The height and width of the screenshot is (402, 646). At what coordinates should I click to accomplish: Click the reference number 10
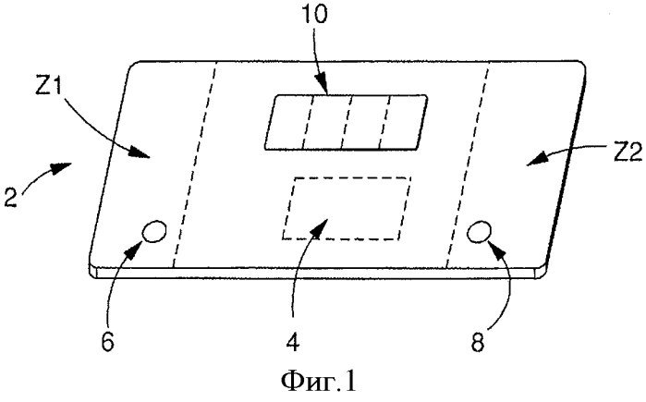(x=314, y=14)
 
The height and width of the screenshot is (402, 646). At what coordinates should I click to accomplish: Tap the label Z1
(x=49, y=87)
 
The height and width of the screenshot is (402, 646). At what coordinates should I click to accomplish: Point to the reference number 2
(x=11, y=197)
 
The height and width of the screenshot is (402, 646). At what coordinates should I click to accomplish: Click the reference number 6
(x=107, y=341)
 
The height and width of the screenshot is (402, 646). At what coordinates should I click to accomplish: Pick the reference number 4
(x=293, y=341)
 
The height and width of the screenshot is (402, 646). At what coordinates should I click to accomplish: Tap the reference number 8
(x=478, y=341)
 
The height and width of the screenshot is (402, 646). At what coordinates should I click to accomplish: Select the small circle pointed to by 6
(x=154, y=232)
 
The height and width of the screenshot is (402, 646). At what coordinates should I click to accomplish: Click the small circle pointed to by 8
(x=479, y=232)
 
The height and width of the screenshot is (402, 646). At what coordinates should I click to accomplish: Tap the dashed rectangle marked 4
(x=347, y=208)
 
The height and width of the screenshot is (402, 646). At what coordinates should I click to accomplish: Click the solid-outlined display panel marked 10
(x=346, y=122)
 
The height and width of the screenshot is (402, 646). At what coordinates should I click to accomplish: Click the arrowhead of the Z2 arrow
(x=536, y=160)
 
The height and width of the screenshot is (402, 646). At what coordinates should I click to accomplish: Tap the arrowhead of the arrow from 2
(x=62, y=167)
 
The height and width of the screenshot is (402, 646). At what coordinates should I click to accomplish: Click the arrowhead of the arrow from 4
(x=319, y=228)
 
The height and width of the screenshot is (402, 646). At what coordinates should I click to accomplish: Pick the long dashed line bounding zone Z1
(x=194, y=164)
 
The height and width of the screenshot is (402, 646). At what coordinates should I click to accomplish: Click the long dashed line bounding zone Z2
(x=469, y=164)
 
